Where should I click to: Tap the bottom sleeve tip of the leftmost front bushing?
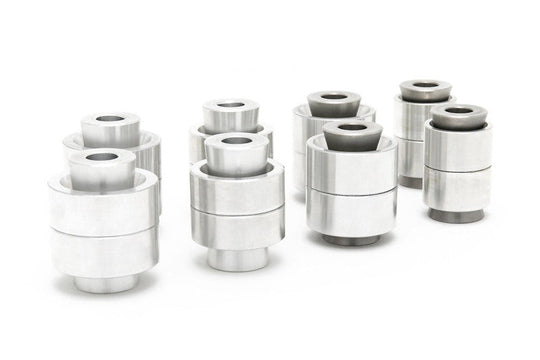(106, 283)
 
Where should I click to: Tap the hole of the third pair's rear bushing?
(329, 98)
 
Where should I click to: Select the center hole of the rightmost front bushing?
(458, 110)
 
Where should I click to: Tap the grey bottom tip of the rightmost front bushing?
(457, 215)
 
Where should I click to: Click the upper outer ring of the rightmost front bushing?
(457, 147)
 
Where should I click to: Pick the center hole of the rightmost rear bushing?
(425, 86)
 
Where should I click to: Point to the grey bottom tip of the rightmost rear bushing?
(411, 182)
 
